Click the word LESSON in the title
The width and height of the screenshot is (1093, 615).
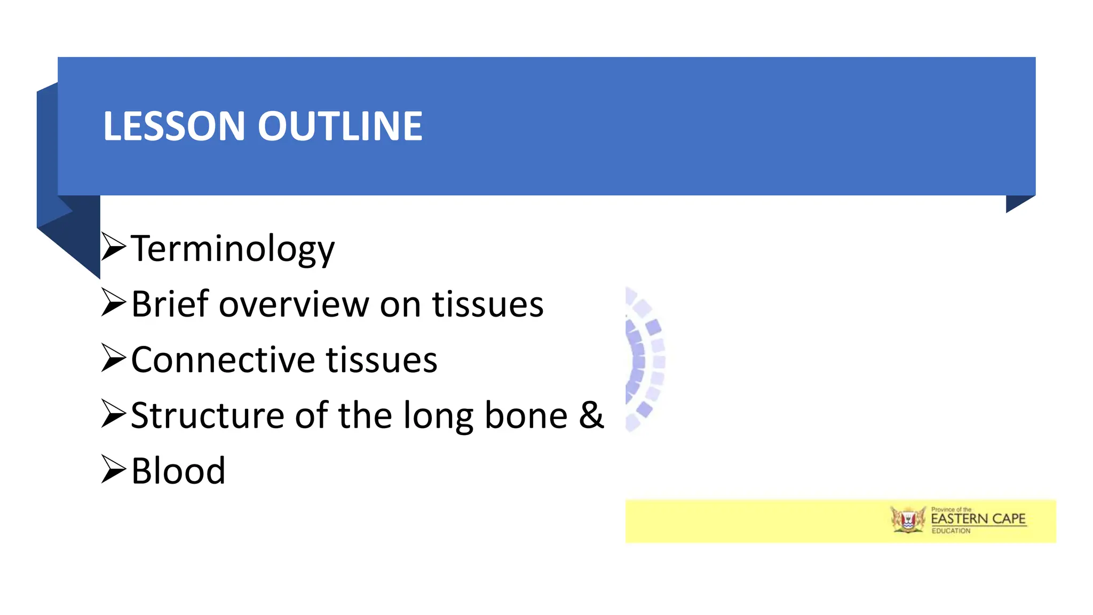coord(173,127)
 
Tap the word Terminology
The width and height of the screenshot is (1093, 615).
coord(233,249)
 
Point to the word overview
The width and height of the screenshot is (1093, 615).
coord(294,305)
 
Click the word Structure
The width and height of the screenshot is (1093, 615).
coord(208,416)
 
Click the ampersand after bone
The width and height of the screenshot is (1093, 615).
coord(591,416)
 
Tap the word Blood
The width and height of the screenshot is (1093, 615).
coord(178,471)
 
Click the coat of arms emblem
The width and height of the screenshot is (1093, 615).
coord(908,520)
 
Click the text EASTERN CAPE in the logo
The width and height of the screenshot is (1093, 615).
coord(978,519)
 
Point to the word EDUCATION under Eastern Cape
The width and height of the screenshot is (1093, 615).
coord(951,531)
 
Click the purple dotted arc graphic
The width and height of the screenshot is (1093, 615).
coord(644,359)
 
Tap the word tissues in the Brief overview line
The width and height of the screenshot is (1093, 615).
coord(488,304)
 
